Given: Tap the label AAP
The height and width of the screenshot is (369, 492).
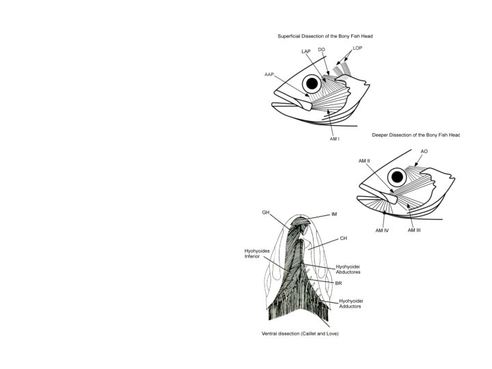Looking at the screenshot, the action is point(269,74).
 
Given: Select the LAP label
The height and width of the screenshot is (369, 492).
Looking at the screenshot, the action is point(307,52).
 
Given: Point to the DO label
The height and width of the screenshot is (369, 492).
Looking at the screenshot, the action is point(322,49).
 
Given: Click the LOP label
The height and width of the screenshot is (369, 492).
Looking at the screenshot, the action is point(358,49).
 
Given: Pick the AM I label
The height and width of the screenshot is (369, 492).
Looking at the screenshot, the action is point(335,139).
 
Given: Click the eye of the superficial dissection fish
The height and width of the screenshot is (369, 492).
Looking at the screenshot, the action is point(312,84).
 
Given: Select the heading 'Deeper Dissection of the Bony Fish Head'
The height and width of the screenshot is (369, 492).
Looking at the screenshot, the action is point(415,135).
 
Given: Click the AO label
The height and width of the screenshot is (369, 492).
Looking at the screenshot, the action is point(424,150).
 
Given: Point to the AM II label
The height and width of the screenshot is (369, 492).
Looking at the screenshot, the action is point(364,161).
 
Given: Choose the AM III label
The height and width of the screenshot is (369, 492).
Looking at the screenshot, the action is point(414,230).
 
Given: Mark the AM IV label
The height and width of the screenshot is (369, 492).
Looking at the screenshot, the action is point(382,231).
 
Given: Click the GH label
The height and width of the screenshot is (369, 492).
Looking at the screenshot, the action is point(266,213).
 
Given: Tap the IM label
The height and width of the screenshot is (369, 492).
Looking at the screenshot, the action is point(334,215).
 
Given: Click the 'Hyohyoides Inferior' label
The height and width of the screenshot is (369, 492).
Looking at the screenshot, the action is point(256,254).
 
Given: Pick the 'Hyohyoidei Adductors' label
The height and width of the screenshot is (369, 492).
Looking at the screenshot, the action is point(351,303).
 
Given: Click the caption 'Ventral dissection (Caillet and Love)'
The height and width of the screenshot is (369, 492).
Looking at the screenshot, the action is point(300,333).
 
